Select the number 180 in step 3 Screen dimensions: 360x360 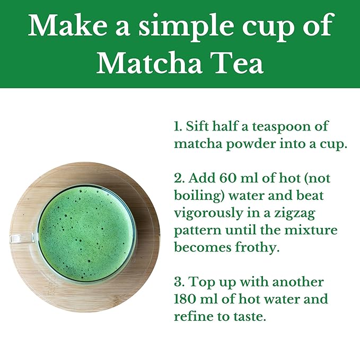185,298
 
